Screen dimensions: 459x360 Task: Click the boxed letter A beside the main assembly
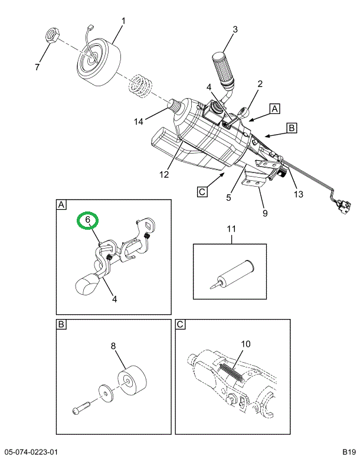(275, 108)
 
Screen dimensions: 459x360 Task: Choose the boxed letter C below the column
(202, 191)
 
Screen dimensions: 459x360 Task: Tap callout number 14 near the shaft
(138, 122)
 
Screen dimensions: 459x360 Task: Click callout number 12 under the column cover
(163, 174)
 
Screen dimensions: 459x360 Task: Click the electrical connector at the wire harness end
(342, 206)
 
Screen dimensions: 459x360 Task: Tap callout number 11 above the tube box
(231, 229)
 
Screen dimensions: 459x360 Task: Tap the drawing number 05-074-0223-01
(31, 453)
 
